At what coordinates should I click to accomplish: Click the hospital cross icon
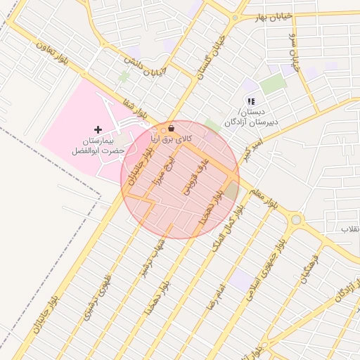point(98,129)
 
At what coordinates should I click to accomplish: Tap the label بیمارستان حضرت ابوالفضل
point(98,146)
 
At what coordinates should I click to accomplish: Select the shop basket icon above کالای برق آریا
point(172,129)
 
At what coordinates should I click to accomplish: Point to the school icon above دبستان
point(251,102)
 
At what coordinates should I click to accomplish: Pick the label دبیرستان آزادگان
point(252,122)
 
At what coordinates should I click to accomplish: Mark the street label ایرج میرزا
point(163,169)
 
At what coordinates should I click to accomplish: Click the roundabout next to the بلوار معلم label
point(296,219)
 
